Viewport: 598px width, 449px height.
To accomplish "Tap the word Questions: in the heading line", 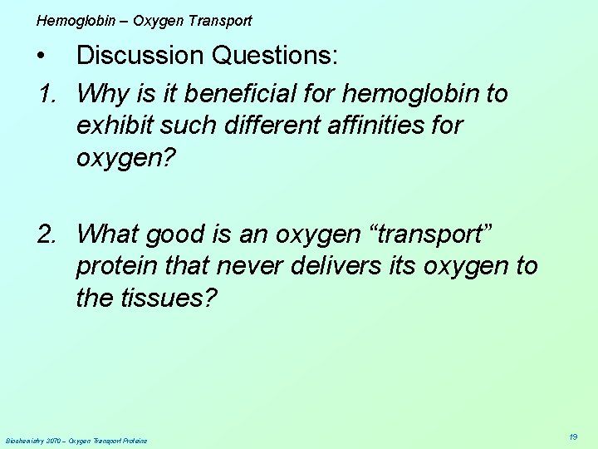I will point(275,56).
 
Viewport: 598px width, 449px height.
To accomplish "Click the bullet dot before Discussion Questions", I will point(42,57).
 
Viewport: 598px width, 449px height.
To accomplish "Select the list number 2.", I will point(47,234).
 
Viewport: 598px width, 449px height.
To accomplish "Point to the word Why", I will point(102,93).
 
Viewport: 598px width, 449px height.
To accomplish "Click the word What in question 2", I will point(106,234).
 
